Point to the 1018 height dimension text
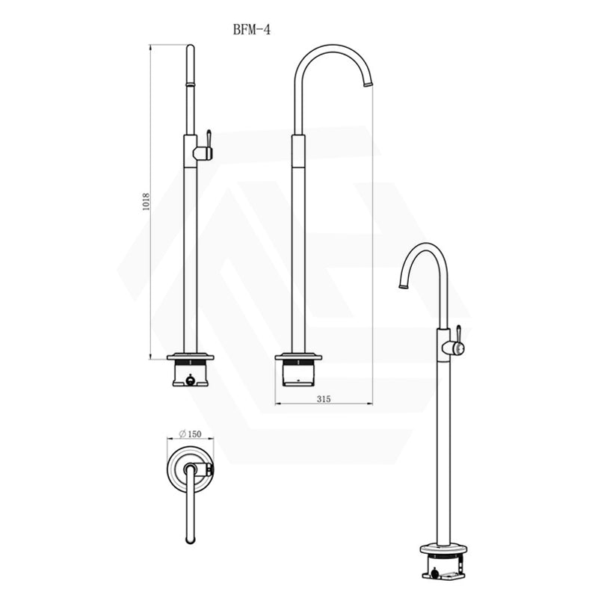pyautogui.click(x=147, y=203)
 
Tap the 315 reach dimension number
pyautogui.click(x=323, y=399)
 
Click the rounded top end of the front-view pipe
pyautogui.click(x=190, y=49)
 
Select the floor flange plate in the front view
pyautogui.click(x=190, y=357)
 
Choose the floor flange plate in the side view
pyautogui.click(x=299, y=357)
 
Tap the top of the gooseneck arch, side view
pyautogui.click(x=329, y=46)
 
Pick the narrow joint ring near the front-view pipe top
pyautogui.click(x=190, y=86)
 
